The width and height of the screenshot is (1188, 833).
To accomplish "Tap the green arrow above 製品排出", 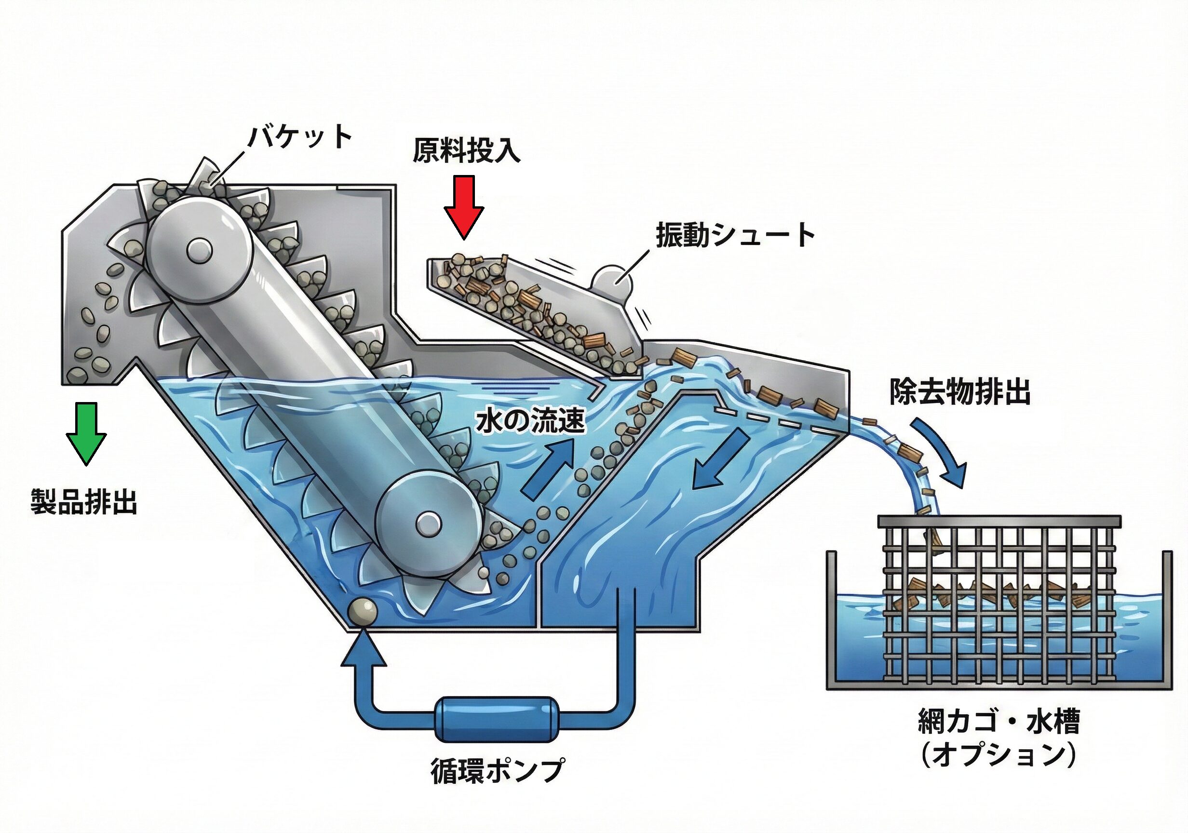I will [x=86, y=433].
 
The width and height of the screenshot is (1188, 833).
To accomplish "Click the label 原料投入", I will [x=466, y=150].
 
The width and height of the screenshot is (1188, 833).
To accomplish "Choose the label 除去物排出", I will [x=960, y=393].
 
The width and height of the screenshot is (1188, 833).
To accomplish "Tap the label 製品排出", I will [x=84, y=501].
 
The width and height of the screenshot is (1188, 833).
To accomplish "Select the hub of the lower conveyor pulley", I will [x=428, y=524].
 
